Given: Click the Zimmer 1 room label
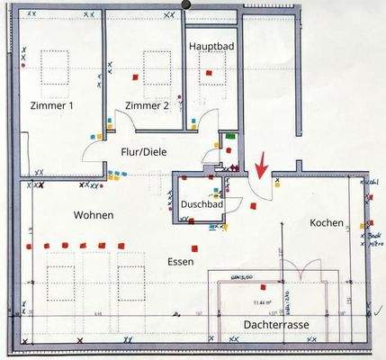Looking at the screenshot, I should [x=52, y=106].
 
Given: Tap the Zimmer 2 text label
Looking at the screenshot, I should [x=147, y=106].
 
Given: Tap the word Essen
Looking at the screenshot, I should [x=181, y=261].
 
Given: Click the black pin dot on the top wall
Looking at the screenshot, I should [x=187, y=4].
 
